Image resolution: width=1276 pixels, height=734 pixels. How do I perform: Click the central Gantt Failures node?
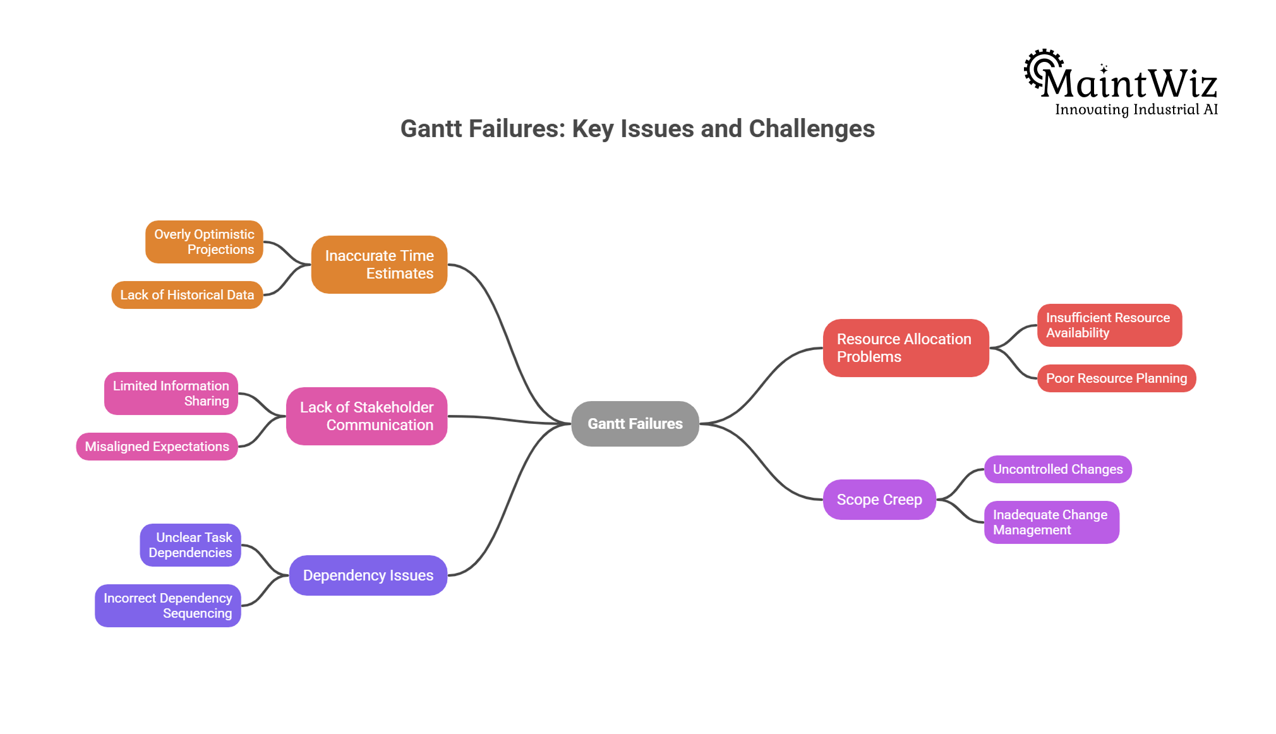(635, 424)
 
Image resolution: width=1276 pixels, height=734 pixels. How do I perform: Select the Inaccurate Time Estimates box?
(379, 265)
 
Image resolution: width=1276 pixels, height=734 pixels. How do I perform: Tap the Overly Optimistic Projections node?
(204, 242)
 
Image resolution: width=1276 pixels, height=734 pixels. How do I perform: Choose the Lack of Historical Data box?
(187, 295)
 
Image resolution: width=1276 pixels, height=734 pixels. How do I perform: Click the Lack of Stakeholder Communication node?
(366, 416)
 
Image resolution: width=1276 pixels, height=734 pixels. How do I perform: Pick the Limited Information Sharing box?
(171, 394)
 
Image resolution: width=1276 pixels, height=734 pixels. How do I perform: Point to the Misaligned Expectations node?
(157, 447)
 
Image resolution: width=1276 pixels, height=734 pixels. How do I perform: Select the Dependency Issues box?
(368, 575)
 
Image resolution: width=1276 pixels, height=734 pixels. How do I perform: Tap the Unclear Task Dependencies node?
(190, 545)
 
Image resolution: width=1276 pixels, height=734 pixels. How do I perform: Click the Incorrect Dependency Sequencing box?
(167, 606)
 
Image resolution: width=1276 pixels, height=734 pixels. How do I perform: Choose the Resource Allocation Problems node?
(905, 348)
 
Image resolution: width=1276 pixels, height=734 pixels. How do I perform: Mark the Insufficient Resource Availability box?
(1109, 325)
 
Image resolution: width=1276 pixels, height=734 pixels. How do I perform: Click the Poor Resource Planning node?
(1116, 378)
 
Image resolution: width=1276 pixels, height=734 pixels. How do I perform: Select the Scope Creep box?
(879, 500)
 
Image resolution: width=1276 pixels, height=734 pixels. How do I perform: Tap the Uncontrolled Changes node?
(1057, 469)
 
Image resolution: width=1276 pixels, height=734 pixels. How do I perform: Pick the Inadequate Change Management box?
(1051, 522)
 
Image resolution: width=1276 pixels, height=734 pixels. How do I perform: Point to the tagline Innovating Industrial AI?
(1136, 110)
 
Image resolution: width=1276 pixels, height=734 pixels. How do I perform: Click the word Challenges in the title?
(812, 129)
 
